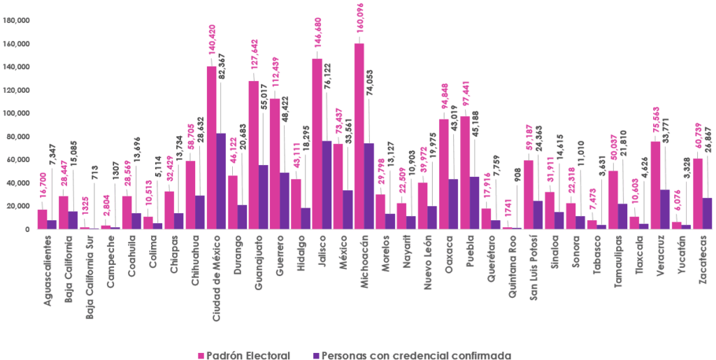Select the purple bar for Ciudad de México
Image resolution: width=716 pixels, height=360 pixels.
pos(221,181)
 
